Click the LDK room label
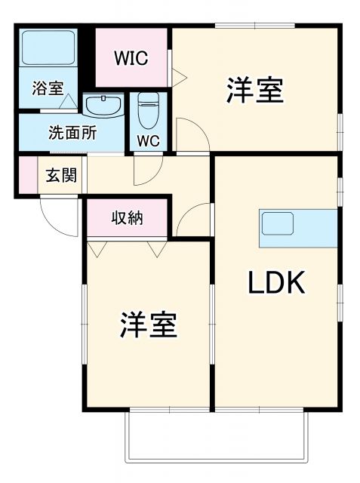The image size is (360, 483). [x=276, y=283]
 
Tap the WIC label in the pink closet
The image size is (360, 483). [x=130, y=58]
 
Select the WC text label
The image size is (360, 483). [x=147, y=140]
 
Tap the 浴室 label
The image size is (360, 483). [x=48, y=88]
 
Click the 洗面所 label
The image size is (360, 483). [x=72, y=134]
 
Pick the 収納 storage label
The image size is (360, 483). [x=128, y=219]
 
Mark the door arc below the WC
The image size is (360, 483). [x=143, y=171]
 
